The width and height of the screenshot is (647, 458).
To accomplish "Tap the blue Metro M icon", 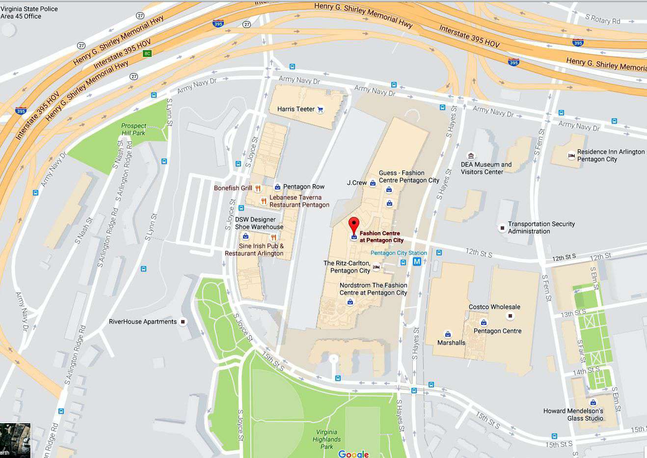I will pyautogui.click(x=417, y=262).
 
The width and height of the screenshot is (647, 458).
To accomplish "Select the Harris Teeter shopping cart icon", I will pyautogui.click(x=321, y=109).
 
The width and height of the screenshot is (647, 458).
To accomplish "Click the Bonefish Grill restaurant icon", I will pyautogui.click(x=258, y=188).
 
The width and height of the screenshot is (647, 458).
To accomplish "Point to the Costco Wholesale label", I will pyautogui.click(x=494, y=307).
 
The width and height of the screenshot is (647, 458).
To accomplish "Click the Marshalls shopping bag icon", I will pyautogui.click(x=448, y=334).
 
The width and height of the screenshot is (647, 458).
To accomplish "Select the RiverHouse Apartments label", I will pyautogui.click(x=142, y=322).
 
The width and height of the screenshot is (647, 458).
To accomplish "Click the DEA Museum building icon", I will pyautogui.click(x=471, y=156).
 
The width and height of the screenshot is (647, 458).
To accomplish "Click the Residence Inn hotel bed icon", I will pyautogui.click(x=571, y=156).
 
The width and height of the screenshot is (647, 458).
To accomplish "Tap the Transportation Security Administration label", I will pyautogui.click(x=541, y=228).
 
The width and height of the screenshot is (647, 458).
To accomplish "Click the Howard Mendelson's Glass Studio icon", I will pyautogui.click(x=593, y=403).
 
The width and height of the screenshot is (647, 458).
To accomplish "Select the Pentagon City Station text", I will pyautogui.click(x=399, y=253).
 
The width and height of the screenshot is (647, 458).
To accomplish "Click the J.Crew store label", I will pyautogui.click(x=357, y=183).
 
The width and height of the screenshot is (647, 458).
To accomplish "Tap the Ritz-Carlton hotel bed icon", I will pyautogui.click(x=377, y=267).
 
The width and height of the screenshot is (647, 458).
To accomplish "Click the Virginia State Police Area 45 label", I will pyautogui.click(x=29, y=13).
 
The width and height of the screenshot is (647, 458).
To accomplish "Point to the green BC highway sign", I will pyautogui.click(x=147, y=54).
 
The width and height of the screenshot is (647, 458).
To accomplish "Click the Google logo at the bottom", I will pyautogui.click(x=353, y=454).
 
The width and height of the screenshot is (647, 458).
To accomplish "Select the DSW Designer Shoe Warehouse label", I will pyautogui.click(x=259, y=223).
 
